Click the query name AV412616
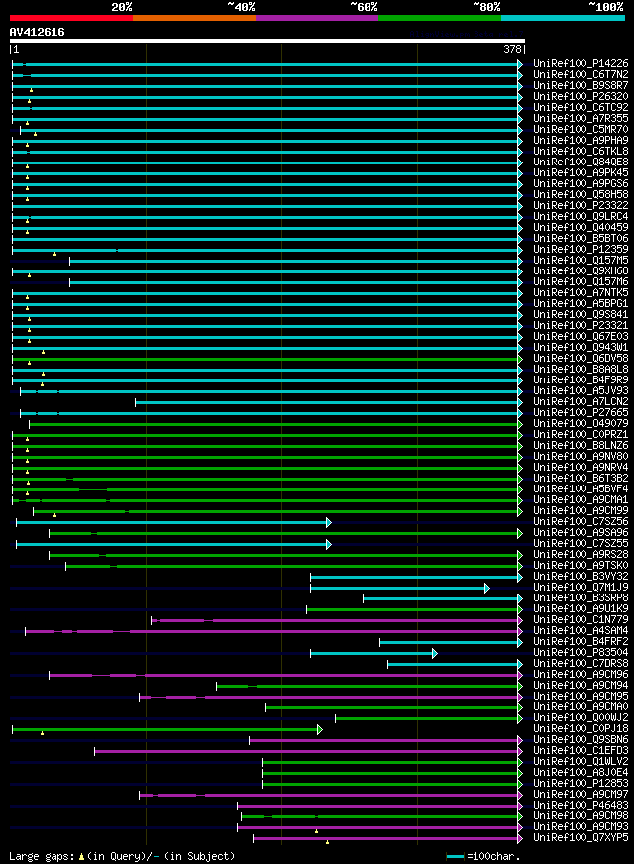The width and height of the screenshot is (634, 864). click(38, 32)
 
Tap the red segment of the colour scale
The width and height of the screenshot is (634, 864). click(70, 17)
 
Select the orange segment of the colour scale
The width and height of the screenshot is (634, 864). click(193, 17)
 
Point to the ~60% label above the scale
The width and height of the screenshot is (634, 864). click(364, 7)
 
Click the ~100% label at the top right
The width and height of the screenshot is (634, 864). click(605, 7)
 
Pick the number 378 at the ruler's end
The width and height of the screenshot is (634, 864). click(512, 49)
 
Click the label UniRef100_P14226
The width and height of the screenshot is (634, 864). click(581, 64)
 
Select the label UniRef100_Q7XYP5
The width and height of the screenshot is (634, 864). click(581, 838)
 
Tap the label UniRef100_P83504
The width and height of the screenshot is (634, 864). click(581, 653)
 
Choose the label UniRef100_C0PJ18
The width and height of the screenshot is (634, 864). click(581, 729)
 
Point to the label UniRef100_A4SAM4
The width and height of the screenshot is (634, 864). click(581, 631)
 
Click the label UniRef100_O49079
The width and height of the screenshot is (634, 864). click(581, 424)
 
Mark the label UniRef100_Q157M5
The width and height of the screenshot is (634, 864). click(581, 261)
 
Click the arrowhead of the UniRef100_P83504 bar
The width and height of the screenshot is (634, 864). click(434, 653)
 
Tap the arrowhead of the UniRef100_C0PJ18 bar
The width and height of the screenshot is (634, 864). click(319, 729)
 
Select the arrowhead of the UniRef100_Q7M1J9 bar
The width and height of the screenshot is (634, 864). click(486, 588)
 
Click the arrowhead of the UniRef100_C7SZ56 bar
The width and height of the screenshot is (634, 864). click(328, 522)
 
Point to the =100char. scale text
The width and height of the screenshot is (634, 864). click(492, 856)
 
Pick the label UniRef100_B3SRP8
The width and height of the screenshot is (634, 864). click(581, 598)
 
